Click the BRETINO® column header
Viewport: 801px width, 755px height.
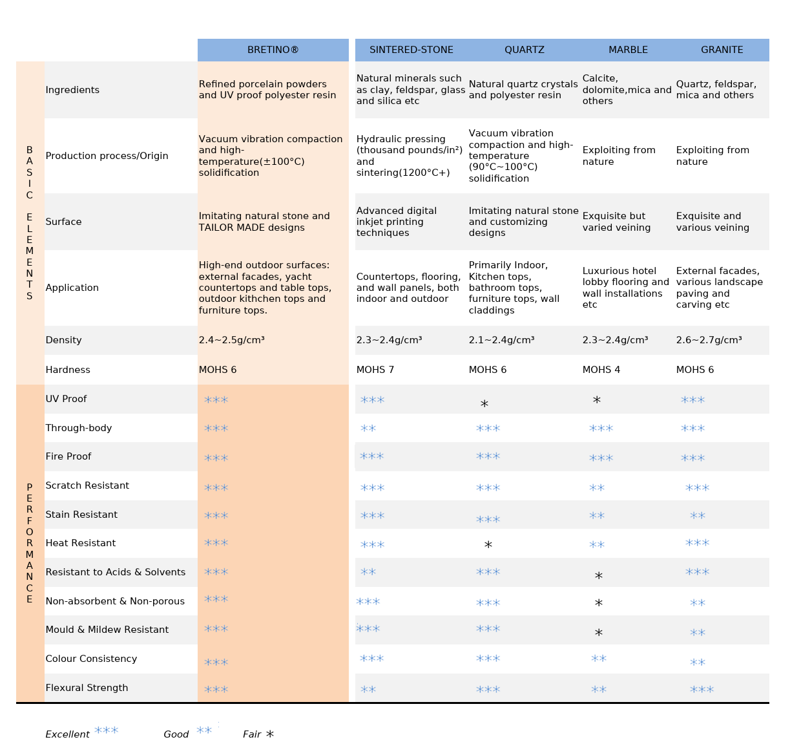273,50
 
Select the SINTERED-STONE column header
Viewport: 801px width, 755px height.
411,50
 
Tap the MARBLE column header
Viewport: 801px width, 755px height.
628,50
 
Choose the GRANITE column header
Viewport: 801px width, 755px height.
722,50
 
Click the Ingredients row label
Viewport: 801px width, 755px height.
72,90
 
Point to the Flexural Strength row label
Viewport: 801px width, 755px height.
87,688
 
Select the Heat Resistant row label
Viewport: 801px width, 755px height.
81,542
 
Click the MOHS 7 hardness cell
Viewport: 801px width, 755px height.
375,370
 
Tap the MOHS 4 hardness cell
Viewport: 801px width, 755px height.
601,370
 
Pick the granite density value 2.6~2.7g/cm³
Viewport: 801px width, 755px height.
709,340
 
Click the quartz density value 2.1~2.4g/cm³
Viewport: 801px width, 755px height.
501,340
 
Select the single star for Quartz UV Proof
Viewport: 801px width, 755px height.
484,403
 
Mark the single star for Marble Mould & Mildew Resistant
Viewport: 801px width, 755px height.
599,632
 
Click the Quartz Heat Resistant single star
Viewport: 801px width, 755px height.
488,545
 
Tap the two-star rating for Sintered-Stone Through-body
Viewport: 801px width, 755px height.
368,428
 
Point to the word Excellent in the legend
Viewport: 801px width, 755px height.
67,734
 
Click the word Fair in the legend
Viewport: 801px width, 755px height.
252,734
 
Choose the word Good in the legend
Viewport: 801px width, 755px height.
176,734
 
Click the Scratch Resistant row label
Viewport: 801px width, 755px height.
87,485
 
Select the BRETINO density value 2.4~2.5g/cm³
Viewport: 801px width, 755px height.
231,340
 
